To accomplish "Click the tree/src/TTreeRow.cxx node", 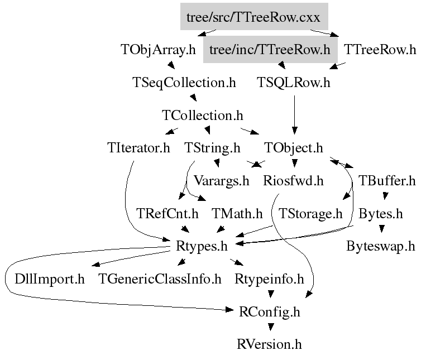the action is point(254,17).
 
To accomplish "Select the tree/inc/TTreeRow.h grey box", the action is point(270,50).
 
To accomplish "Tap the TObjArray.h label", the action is point(158,50).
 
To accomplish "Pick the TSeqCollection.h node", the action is point(184,83).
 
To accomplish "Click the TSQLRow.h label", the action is point(294,83).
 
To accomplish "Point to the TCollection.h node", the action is point(203,116).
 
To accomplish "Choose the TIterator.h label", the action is point(138,148).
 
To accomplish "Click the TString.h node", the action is point(212,148).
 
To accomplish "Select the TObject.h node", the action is point(294,148).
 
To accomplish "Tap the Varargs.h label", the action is point(221,181).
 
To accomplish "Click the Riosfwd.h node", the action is point(294,181).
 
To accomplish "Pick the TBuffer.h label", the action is point(387,181).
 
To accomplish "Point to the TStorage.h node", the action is point(310,214).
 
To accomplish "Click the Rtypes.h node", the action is point(202,247).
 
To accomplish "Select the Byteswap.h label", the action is point(381,247).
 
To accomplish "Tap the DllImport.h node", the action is point(50,279).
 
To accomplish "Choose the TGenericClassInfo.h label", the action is point(160,279).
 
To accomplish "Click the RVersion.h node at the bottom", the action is point(269,344).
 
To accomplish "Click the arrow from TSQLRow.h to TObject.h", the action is point(294,115).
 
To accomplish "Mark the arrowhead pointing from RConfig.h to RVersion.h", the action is point(271,327).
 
